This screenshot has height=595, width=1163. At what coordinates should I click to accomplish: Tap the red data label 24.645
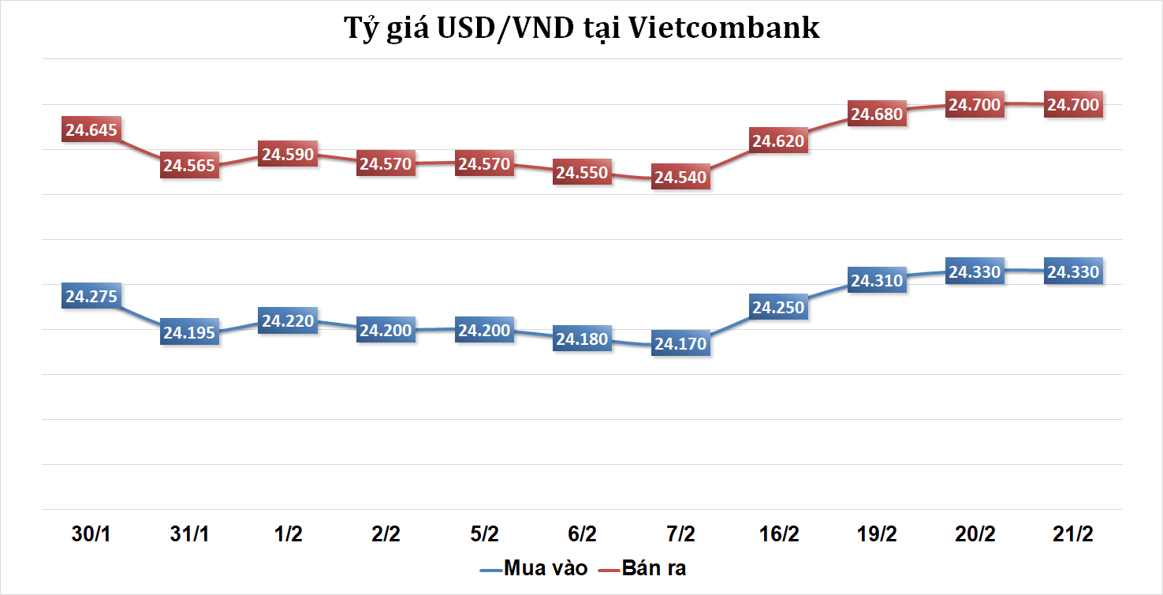pyautogui.click(x=91, y=130)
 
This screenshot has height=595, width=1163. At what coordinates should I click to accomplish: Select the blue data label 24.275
pyautogui.click(x=91, y=297)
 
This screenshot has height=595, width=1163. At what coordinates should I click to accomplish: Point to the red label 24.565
pyautogui.click(x=189, y=166)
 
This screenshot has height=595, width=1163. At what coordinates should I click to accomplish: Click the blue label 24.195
pyautogui.click(x=189, y=333)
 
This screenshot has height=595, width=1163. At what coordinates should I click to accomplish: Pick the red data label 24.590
pyautogui.click(x=288, y=154)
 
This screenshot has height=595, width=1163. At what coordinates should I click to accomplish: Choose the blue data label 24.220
pyautogui.click(x=288, y=321)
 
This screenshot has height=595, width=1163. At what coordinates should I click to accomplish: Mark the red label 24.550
pyautogui.click(x=582, y=173)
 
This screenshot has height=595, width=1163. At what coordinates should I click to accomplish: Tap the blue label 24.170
pyautogui.click(x=680, y=345)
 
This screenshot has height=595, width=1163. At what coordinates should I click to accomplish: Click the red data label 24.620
pyautogui.click(x=778, y=141)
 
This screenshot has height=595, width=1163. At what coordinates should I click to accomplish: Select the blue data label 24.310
pyautogui.click(x=877, y=281)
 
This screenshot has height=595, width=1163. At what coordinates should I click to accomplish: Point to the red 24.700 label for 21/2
pyautogui.click(x=1072, y=105)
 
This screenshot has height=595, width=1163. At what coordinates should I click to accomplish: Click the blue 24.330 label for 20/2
pyautogui.click(x=975, y=272)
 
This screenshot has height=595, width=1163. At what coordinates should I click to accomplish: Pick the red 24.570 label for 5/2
pyautogui.click(x=484, y=164)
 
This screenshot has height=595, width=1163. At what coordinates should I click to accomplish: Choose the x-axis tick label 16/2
pyautogui.click(x=778, y=534)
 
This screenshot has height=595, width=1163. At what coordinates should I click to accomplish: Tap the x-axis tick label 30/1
pyautogui.click(x=91, y=534)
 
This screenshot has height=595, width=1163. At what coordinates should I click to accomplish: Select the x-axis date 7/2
pyautogui.click(x=680, y=534)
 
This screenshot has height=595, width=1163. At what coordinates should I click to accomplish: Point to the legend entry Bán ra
pyautogui.click(x=654, y=567)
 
